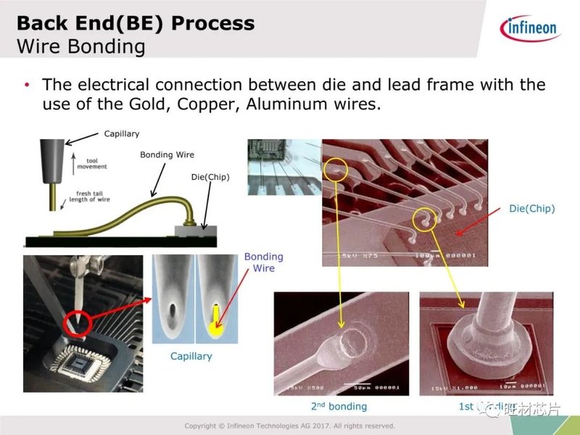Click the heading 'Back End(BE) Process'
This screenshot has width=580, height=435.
(x=136, y=23)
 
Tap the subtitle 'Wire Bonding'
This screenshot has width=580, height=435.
(x=80, y=47)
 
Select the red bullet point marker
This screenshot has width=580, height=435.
(x=28, y=85)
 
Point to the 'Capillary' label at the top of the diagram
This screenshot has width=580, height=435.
(x=121, y=133)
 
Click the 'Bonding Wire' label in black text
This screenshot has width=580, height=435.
(x=167, y=154)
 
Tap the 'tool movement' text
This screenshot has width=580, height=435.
(x=91, y=163)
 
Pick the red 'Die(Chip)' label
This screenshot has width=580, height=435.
(x=531, y=209)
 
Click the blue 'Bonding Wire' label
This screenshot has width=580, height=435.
(x=263, y=262)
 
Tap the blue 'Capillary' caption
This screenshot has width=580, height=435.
(x=191, y=356)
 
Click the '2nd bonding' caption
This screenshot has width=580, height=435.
(x=339, y=406)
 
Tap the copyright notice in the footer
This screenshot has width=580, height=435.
(x=289, y=426)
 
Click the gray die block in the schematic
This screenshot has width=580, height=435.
(x=196, y=231)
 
